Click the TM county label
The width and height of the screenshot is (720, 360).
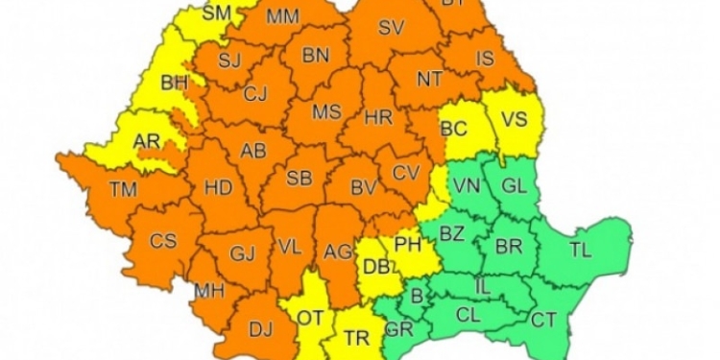pos(124,189)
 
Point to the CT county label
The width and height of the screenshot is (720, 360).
pos(543,320)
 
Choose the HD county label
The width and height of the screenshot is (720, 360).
pos(219,187)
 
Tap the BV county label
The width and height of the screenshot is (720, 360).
pos(362,187)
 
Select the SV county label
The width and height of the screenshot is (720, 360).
pos(391,28)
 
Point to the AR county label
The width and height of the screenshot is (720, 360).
pos(146,142)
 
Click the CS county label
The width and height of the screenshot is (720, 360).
pos(163,241)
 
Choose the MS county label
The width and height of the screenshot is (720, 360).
pos(326,112)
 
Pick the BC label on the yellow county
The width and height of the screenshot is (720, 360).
pos(454,126)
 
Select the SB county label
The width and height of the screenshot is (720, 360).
pos(300,178)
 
